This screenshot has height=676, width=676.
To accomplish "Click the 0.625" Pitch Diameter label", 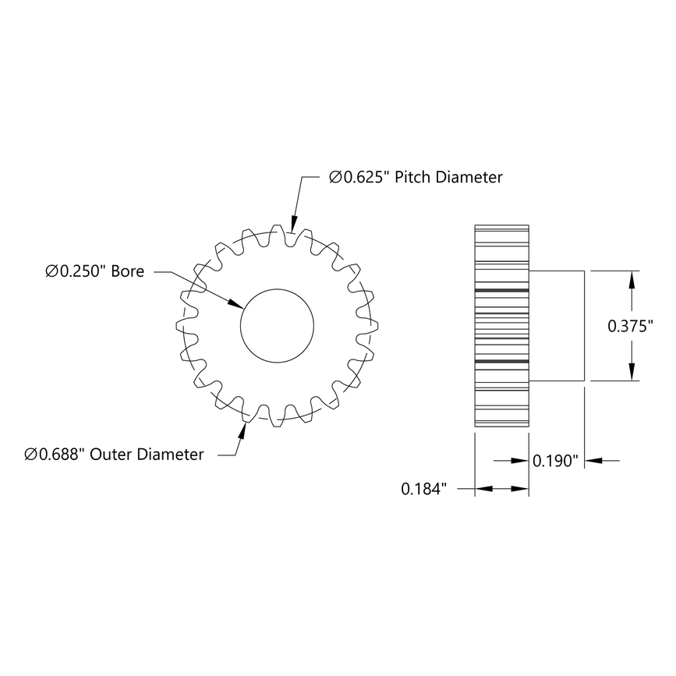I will (x=416, y=178).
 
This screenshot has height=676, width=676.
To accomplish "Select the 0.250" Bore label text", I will (x=94, y=272).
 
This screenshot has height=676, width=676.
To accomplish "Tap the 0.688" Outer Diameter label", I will (x=114, y=455).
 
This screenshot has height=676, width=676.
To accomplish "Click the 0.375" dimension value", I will (x=630, y=327).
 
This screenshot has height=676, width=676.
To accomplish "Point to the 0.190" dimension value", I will (x=554, y=461).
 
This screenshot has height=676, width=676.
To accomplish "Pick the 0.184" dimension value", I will (x=423, y=490).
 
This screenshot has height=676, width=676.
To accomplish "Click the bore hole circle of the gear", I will (x=277, y=325).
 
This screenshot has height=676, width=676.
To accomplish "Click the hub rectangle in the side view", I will (x=557, y=325).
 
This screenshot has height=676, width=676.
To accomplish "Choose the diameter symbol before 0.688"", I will (x=30, y=455).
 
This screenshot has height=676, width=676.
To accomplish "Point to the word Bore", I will (x=128, y=272).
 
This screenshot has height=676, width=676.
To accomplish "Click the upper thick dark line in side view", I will (x=501, y=290).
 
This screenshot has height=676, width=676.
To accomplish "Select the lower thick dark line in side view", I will (x=501, y=362).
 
